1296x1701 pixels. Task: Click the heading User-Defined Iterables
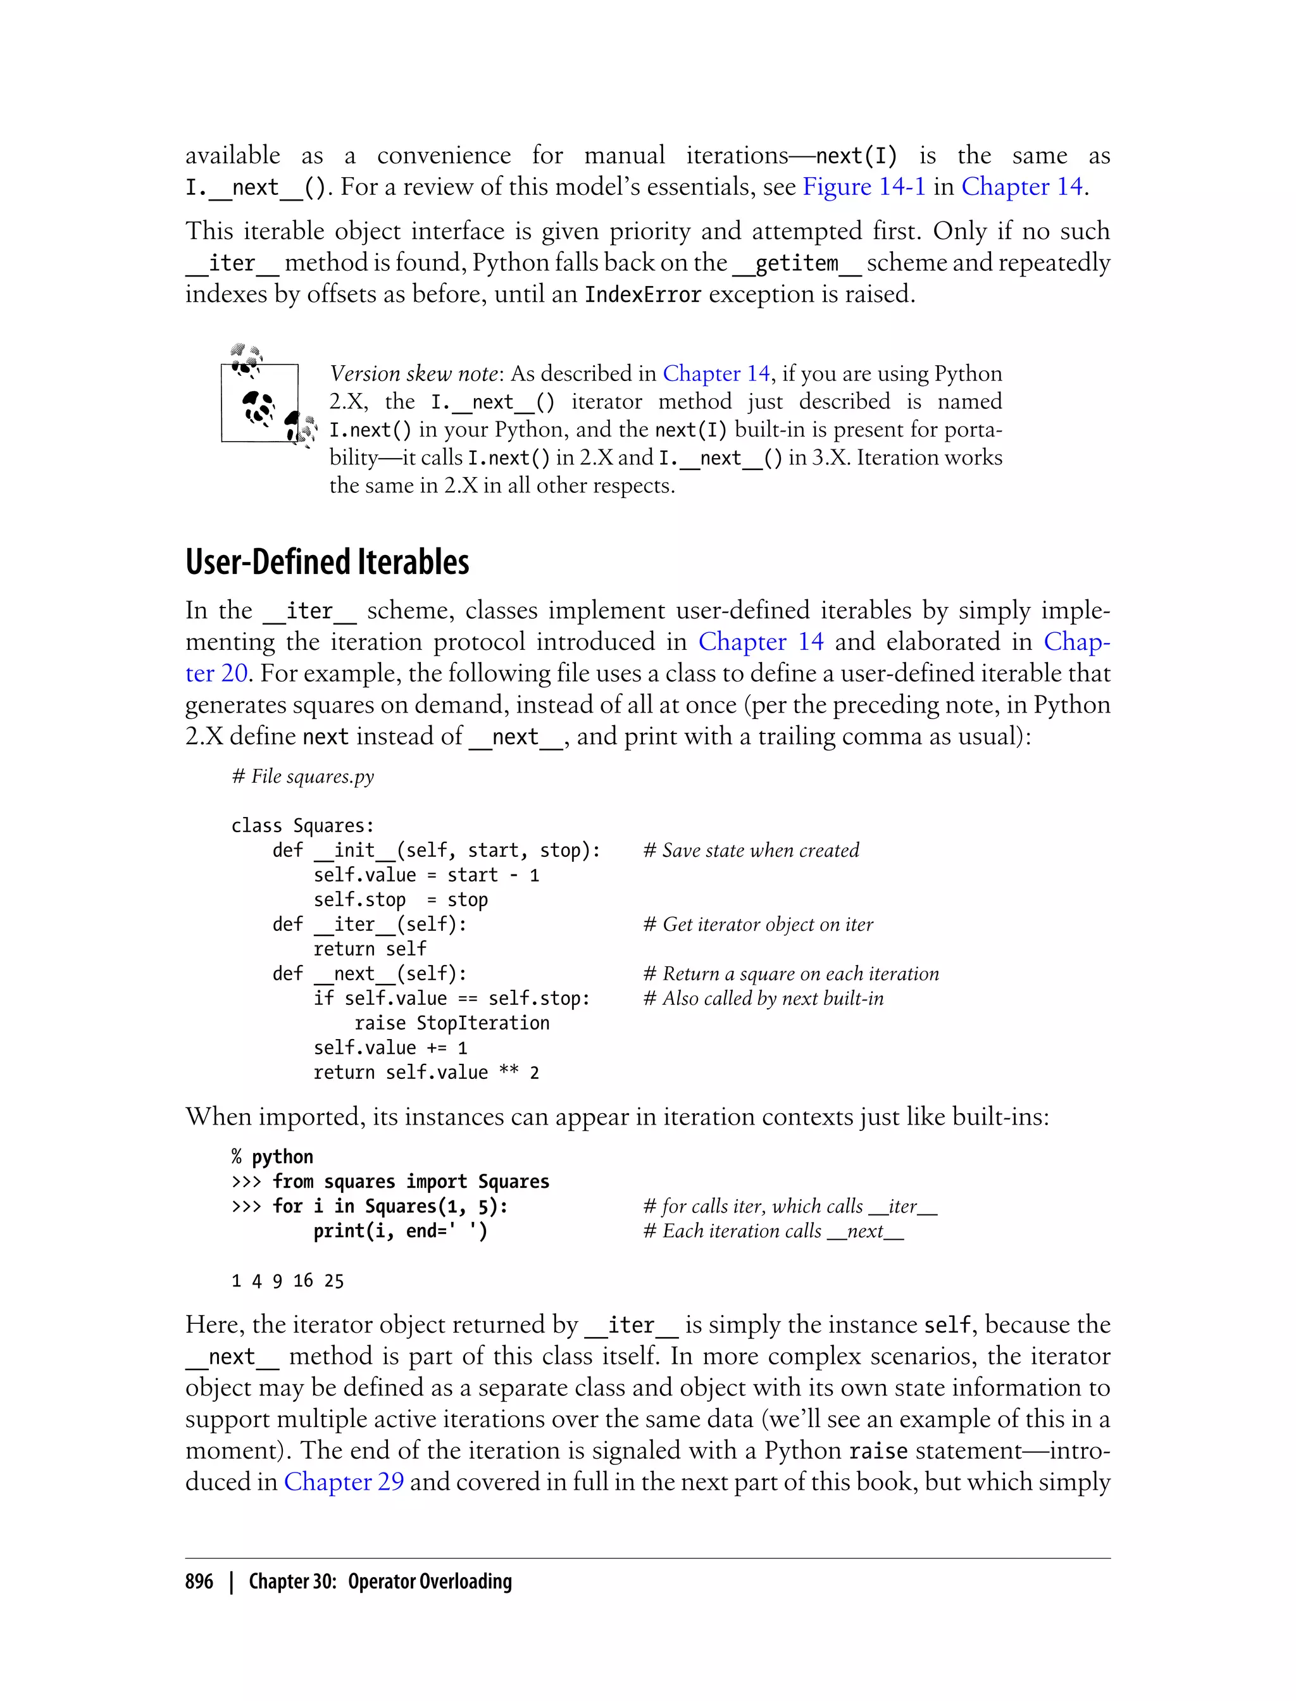327,563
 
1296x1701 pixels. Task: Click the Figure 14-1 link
863,187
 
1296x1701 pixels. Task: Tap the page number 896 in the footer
199,1581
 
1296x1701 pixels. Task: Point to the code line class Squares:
302,825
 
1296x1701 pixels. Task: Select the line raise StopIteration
451,1023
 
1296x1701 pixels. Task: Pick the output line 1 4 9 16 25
288,1281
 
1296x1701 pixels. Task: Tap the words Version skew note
414,374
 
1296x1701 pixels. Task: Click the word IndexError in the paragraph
642,295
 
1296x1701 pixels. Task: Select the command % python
272,1156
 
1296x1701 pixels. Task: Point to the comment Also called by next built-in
764,998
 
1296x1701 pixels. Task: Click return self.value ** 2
426,1072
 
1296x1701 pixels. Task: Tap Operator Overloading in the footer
430,1581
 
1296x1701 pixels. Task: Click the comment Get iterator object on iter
758,924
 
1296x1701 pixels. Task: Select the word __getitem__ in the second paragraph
796,263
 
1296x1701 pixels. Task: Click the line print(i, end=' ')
399,1230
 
